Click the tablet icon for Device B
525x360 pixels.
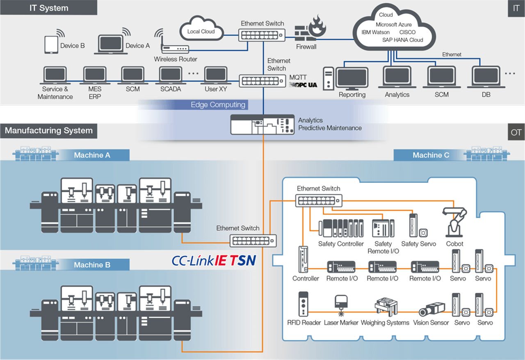click(x=51, y=45)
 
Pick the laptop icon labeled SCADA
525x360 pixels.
click(x=171, y=75)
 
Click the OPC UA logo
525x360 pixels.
click(x=303, y=85)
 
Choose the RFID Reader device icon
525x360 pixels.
click(x=304, y=304)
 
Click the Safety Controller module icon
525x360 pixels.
click(x=341, y=228)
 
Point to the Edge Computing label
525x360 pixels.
click(x=218, y=105)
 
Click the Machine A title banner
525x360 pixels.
click(x=92, y=155)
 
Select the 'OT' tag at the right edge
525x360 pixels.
click(x=516, y=133)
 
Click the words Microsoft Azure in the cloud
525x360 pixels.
click(x=393, y=25)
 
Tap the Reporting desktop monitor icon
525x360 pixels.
click(x=352, y=78)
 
